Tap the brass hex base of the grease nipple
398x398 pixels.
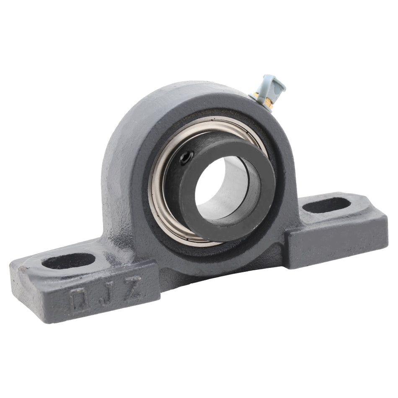pos(267,103)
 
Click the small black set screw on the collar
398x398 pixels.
pos(186,158)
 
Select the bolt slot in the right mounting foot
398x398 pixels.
pos(326,205)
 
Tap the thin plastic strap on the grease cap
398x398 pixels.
pos(278,90)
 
